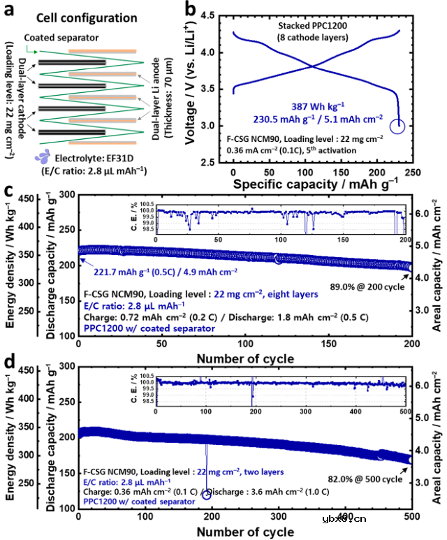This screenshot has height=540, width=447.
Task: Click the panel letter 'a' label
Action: tap(10, 10)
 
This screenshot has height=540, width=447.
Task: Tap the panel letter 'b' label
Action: tap(188, 10)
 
